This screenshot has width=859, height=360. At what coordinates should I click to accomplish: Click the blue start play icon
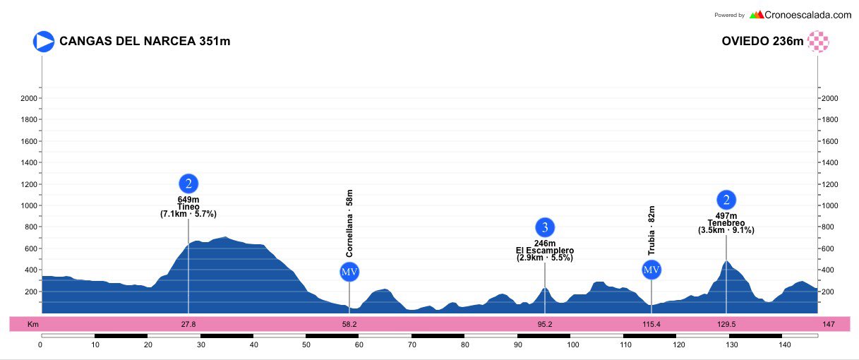click(44, 41)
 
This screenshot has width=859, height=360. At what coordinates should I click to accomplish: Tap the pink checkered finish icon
click(819, 41)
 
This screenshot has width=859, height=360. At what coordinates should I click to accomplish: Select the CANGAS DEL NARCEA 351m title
click(145, 41)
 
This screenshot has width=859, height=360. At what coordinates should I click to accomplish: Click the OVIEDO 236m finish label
click(762, 41)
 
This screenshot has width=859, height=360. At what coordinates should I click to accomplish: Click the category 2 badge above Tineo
click(188, 184)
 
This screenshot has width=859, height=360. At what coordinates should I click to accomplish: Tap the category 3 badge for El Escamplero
click(544, 227)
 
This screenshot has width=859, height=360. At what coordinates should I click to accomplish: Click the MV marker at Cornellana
click(349, 272)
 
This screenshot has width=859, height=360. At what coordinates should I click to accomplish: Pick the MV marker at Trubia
click(651, 270)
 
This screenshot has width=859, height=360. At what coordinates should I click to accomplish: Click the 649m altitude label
click(188, 200)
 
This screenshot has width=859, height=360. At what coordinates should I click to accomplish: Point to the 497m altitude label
click(726, 216)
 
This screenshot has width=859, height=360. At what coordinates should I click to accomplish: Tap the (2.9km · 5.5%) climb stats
click(544, 258)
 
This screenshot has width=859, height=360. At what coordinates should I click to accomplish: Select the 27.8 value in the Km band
click(188, 325)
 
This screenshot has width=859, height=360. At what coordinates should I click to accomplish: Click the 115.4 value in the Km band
click(651, 325)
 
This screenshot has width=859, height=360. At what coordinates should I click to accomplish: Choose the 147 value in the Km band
click(828, 325)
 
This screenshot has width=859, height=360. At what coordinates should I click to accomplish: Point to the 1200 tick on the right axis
click(831, 184)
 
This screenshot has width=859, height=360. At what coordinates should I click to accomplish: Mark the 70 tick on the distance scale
click(412, 344)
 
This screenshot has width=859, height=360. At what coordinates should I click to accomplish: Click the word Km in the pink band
click(32, 325)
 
